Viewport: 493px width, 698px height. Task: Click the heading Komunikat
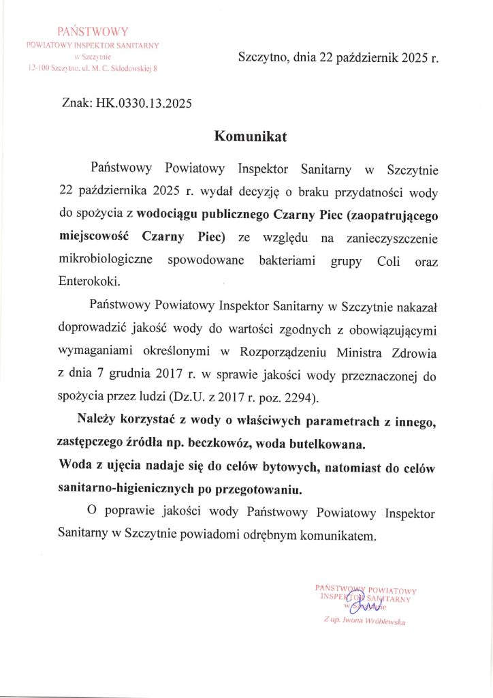click(251, 136)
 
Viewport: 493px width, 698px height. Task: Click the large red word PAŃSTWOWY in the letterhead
click(92, 31)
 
